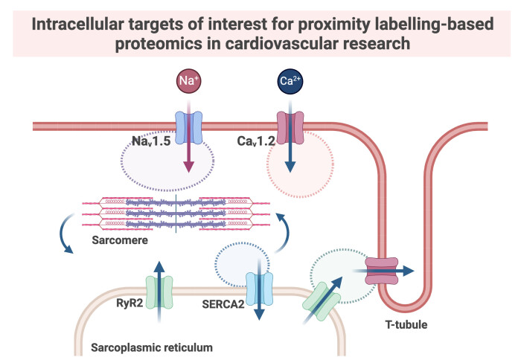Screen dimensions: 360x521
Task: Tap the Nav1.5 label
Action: (149, 140)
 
